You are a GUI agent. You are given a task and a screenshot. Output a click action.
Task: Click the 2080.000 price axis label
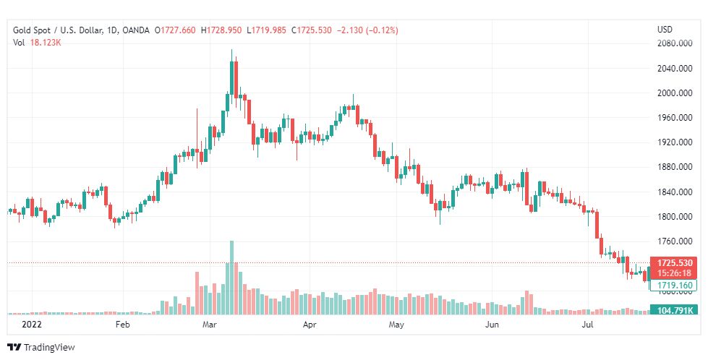(674, 43)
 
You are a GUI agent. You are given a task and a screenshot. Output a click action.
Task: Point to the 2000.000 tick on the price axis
(674, 93)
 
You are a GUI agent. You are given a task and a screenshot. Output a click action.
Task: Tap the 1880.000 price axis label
(674, 167)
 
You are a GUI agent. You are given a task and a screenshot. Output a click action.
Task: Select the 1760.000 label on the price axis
(674, 241)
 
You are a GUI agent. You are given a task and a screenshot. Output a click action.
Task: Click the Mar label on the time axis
(210, 325)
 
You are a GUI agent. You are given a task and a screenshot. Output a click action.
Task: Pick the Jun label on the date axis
(492, 325)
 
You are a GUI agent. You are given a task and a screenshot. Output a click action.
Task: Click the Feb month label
(122, 325)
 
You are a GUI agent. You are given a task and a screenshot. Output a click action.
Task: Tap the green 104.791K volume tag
(674, 310)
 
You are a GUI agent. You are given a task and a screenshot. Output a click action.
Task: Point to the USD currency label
(665, 30)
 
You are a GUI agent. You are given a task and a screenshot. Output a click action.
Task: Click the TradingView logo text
(49, 348)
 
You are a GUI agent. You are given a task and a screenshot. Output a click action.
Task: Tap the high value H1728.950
(222, 30)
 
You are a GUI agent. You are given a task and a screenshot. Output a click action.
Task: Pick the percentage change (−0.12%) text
(375, 30)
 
